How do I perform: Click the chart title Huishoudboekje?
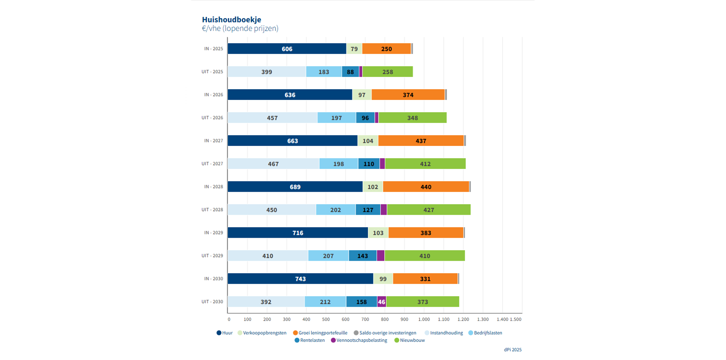click(231, 19)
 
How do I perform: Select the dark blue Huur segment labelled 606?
click(287, 49)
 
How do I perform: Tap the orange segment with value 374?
click(408, 95)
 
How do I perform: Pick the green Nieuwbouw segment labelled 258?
click(387, 72)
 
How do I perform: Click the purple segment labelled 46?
click(381, 302)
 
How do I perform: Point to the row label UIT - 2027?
click(212, 164)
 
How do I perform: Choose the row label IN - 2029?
click(213, 233)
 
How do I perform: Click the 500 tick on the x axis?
click(326, 319)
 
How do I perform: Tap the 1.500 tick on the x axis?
click(515, 319)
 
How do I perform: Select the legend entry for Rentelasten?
click(310, 340)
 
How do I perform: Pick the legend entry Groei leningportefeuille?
click(320, 333)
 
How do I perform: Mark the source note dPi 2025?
click(513, 350)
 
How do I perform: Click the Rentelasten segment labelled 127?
click(368, 210)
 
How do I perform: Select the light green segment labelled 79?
click(354, 49)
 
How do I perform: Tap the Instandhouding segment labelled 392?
click(266, 302)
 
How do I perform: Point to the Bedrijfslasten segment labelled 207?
click(328, 256)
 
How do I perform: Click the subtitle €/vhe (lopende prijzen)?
click(240, 28)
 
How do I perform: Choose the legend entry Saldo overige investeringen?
click(385, 333)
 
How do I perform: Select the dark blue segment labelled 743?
click(300, 279)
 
